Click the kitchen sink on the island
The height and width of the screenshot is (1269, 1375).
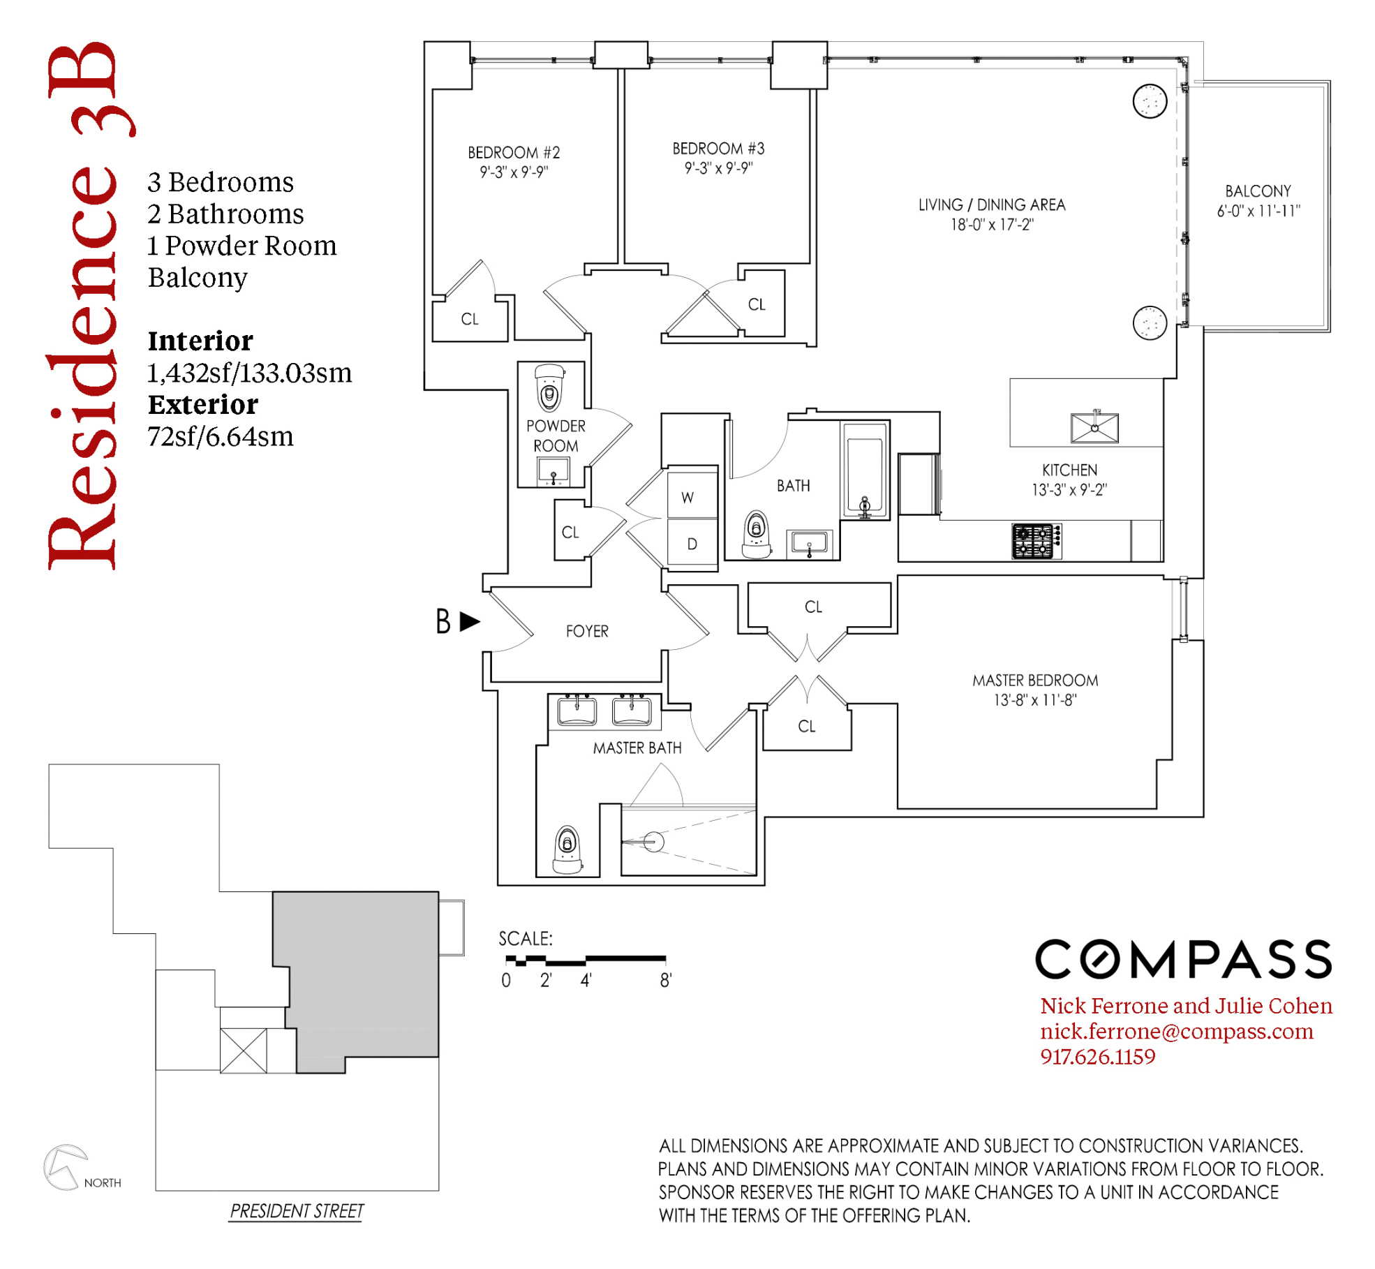click(1094, 427)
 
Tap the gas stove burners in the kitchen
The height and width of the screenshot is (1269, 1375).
click(1036, 541)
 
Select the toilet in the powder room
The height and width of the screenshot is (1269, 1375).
click(549, 387)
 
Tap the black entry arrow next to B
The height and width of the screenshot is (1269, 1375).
click(470, 621)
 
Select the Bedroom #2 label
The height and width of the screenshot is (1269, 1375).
click(514, 152)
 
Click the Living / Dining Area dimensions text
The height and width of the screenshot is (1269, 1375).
click(992, 224)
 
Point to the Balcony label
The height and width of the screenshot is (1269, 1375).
click(1258, 191)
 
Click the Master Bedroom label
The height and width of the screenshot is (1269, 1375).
click(1035, 680)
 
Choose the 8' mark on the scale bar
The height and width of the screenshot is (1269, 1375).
click(666, 980)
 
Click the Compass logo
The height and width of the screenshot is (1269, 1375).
click(1184, 958)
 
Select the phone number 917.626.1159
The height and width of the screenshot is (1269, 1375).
click(1097, 1057)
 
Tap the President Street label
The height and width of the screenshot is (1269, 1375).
click(297, 1210)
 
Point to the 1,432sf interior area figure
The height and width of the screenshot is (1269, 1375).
click(249, 373)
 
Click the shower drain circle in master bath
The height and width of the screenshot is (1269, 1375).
click(653, 842)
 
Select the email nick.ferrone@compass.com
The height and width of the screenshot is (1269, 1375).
click(1177, 1031)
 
